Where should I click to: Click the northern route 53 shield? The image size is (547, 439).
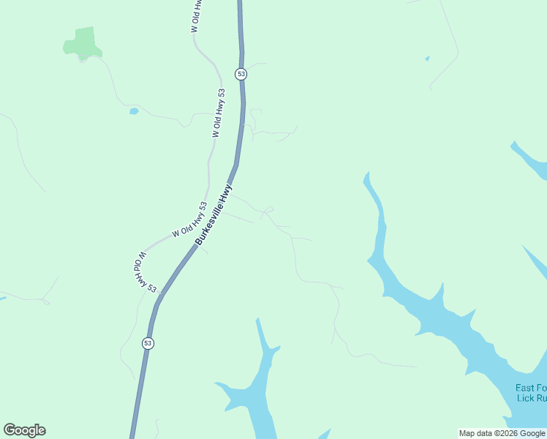[241, 74]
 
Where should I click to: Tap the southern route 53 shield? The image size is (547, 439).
[148, 342]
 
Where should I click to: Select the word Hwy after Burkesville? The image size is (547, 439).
[227, 192]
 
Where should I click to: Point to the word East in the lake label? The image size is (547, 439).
[525, 388]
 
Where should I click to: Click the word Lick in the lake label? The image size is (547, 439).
[524, 399]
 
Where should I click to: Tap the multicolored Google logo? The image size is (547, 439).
[24, 430]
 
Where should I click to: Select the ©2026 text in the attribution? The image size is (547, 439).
[510, 433]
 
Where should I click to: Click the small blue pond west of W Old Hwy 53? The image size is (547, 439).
[134, 111]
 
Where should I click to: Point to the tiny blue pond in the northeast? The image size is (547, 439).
[427, 59]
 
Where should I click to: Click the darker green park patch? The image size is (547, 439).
[82, 43]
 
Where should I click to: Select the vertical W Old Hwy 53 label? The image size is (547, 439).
[218, 113]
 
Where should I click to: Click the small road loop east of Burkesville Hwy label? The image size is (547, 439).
[268, 211]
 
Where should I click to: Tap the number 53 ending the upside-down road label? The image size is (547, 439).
[151, 288]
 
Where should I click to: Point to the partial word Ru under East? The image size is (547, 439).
[541, 399]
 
